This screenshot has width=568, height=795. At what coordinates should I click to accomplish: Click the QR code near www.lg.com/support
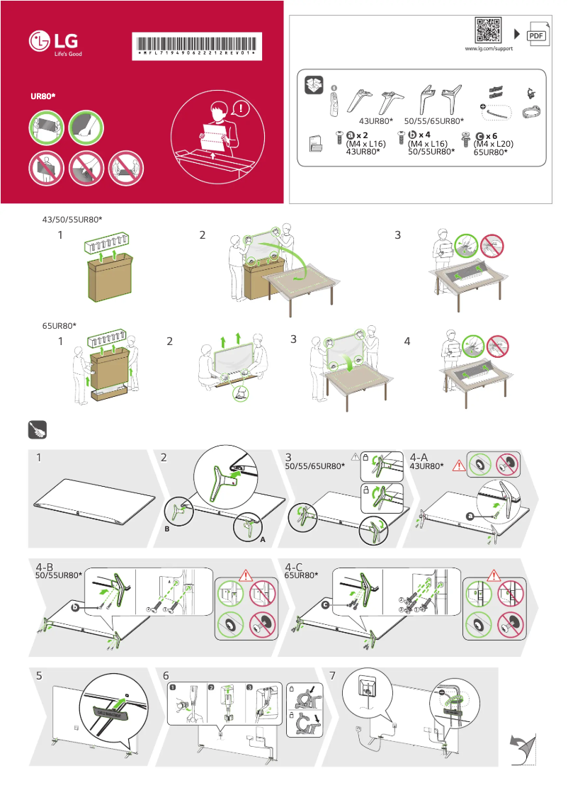pyautogui.click(x=489, y=31)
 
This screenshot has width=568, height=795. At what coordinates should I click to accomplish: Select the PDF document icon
pyautogui.click(x=538, y=35)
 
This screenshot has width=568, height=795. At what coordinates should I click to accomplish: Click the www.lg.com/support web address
pyautogui.click(x=489, y=48)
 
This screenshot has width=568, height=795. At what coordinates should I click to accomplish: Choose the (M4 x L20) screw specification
pyautogui.click(x=494, y=143)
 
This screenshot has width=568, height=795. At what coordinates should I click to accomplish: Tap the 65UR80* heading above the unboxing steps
pyautogui.click(x=59, y=326)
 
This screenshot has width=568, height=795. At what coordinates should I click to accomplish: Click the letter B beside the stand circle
pyautogui.click(x=167, y=529)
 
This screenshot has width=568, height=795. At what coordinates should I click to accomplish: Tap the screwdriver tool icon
pyautogui.click(x=37, y=430)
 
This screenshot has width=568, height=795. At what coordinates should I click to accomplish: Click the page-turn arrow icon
pyautogui.click(x=523, y=750)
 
